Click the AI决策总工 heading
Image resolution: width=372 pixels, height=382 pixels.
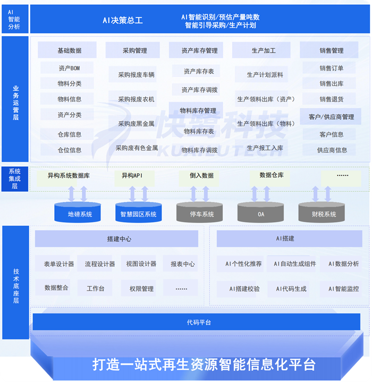tap(122, 21)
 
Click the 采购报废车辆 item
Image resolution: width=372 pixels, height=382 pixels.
tap(136, 75)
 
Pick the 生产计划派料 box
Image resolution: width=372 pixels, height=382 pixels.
tap(265, 75)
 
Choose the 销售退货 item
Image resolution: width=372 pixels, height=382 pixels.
tap(331, 99)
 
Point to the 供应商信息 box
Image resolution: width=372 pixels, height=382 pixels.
tap(332, 150)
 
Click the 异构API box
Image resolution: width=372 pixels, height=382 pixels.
tap(131, 175)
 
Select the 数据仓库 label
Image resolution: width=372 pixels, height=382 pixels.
tap(271, 175)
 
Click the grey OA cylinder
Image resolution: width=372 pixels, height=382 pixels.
tap(261, 213)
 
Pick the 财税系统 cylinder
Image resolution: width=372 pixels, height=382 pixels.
tap(324, 213)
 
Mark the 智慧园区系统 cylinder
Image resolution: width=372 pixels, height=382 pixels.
tap(138, 213)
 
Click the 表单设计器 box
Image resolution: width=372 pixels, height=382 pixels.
tap(58, 264)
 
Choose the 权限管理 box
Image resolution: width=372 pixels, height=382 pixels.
tap(141, 288)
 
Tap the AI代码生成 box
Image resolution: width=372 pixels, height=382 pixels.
tap(291, 289)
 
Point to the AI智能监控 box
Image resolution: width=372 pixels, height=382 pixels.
tap(343, 289)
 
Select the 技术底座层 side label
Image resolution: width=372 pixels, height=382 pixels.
tap(16, 282)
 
